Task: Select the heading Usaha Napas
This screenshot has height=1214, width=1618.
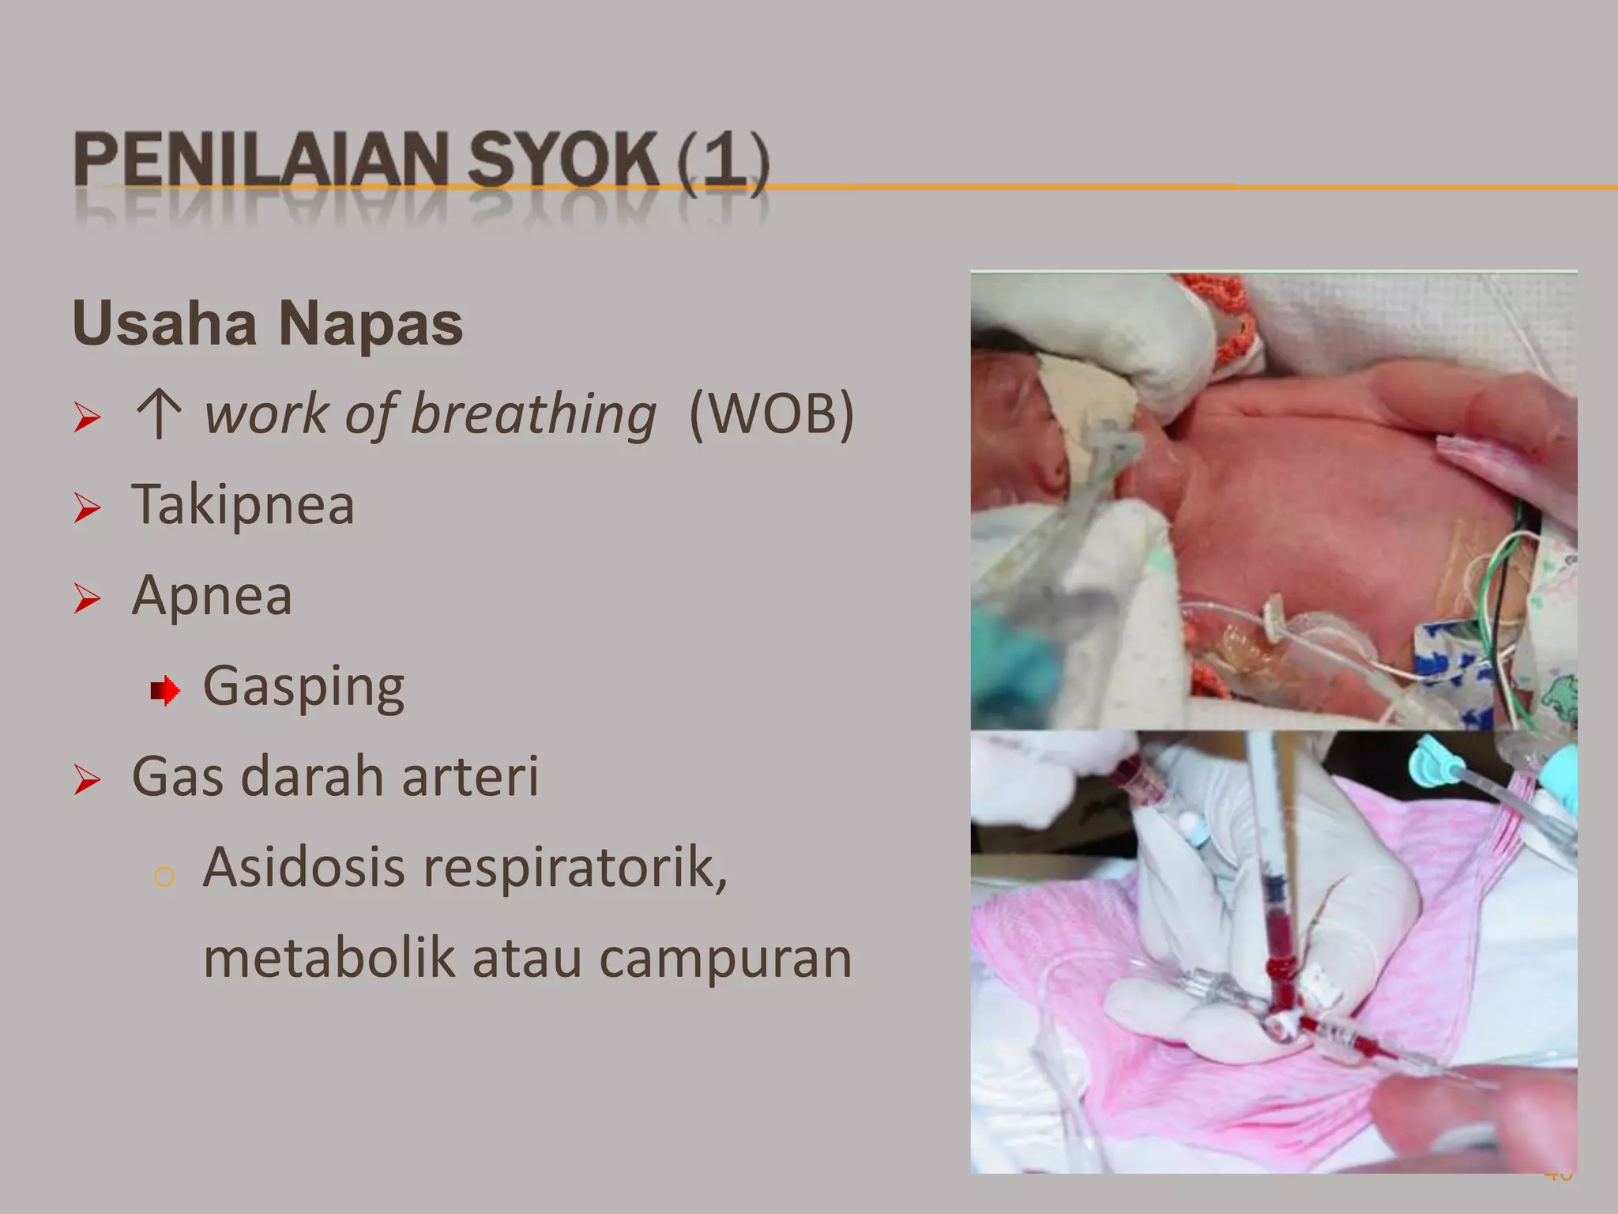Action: (x=267, y=324)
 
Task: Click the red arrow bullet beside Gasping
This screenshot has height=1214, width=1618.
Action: (x=164, y=691)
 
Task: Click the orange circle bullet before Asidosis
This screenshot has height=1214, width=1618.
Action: (x=164, y=877)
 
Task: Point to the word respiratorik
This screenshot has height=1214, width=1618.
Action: (x=575, y=868)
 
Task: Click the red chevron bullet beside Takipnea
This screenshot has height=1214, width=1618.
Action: (x=87, y=507)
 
